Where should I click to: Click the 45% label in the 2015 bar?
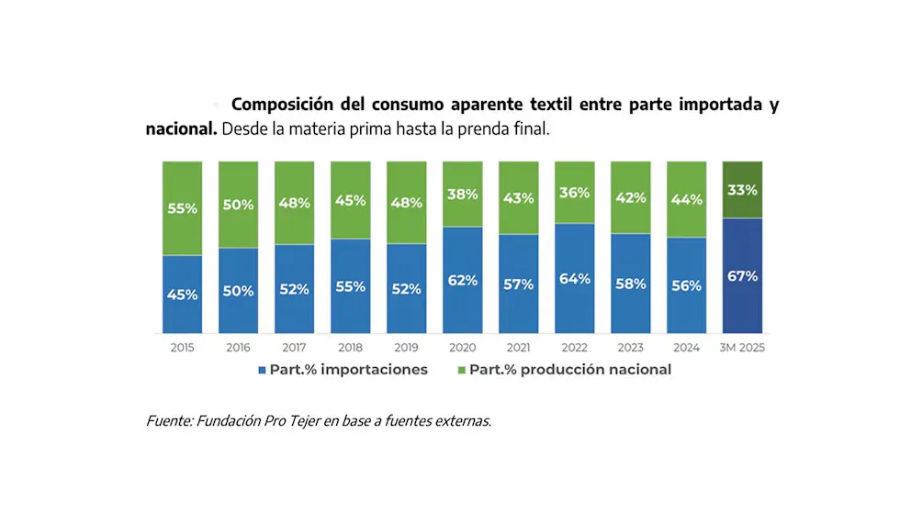[182, 295]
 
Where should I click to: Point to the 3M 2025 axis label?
[743, 348]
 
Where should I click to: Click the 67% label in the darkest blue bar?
[742, 275]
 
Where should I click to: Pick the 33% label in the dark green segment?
[742, 191]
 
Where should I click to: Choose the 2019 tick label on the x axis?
[406, 348]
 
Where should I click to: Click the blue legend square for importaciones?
[262, 370]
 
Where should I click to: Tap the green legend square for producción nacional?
[461, 370]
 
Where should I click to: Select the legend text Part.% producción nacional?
[570, 370]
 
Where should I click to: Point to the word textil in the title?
[554, 105]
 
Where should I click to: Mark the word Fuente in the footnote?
[167, 421]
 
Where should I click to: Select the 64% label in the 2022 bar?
[574, 279]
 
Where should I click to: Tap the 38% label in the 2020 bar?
[462, 194]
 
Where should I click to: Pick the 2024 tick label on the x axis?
[686, 348]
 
